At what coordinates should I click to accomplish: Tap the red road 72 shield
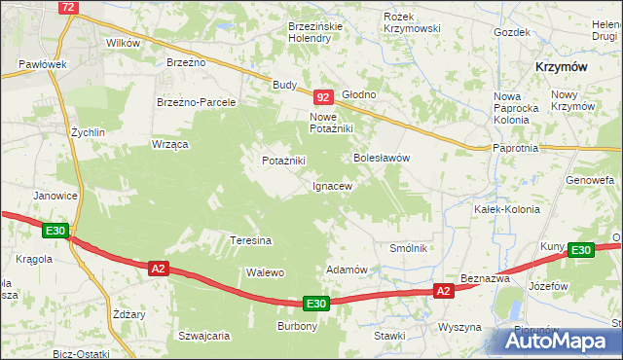(67, 7)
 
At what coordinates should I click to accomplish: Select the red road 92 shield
(324, 97)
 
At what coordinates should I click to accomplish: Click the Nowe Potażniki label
(330, 123)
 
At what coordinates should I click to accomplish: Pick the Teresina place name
(250, 240)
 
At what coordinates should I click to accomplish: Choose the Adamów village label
(346, 270)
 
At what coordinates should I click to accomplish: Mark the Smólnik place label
(409, 249)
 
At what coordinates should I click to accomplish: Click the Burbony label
(297, 326)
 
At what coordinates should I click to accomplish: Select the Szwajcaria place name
(203, 336)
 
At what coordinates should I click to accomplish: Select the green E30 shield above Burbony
(315, 304)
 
